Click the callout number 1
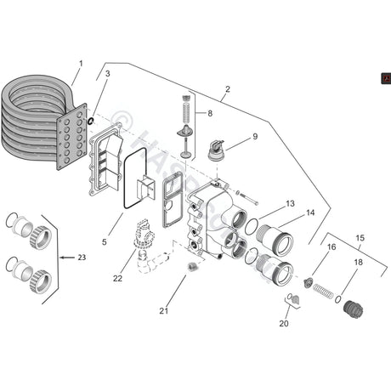(x=81, y=64)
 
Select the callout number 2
(x=228, y=89)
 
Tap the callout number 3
(x=107, y=75)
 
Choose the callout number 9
(x=254, y=136)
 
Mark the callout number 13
(x=290, y=204)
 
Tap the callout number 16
(x=331, y=246)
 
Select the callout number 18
(x=358, y=263)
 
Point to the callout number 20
(x=283, y=324)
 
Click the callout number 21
(x=164, y=311)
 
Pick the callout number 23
(x=82, y=257)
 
